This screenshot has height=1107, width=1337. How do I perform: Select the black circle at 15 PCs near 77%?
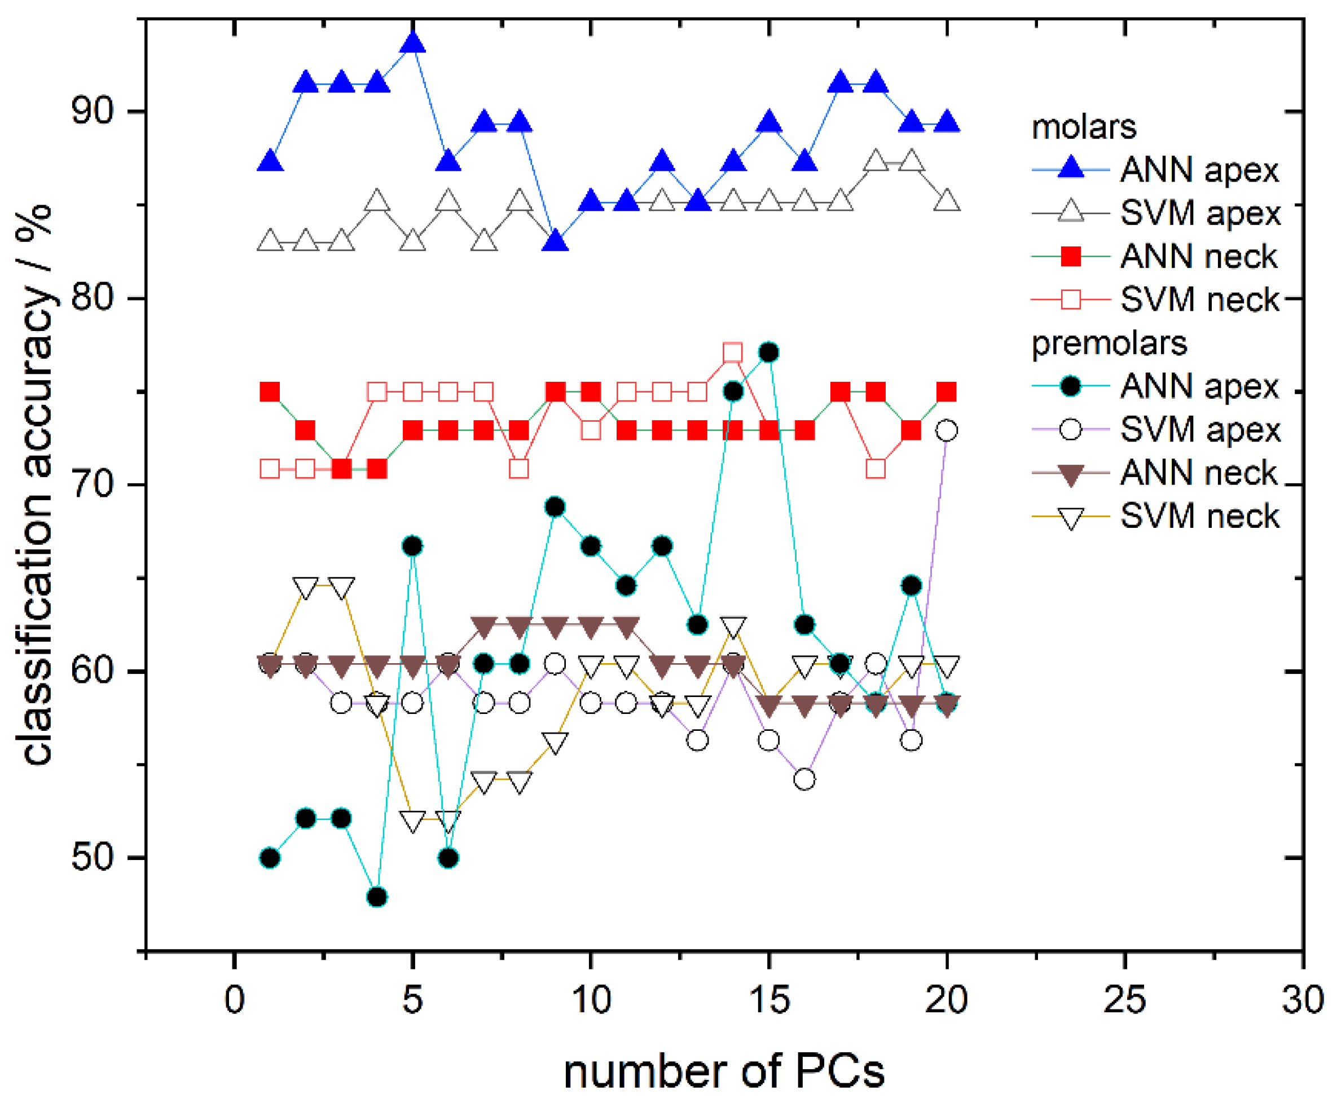769,352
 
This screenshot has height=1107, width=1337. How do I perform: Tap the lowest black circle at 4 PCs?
377,897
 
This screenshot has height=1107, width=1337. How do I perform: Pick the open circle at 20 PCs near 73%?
947,431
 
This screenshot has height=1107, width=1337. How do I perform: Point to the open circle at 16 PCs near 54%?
805,779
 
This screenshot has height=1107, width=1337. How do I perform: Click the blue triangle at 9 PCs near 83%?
555,242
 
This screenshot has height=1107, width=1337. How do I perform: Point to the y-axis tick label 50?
93,858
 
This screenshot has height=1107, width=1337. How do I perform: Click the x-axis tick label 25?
1124,1000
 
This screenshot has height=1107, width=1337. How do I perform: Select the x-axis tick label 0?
234,1000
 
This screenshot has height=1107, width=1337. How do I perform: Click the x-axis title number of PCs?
724,1071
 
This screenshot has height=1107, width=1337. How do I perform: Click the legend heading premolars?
1109,344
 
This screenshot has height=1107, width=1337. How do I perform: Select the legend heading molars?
1084,127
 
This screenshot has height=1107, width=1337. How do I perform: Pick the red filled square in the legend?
1071,257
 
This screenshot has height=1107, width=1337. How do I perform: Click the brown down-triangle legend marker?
1071,474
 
